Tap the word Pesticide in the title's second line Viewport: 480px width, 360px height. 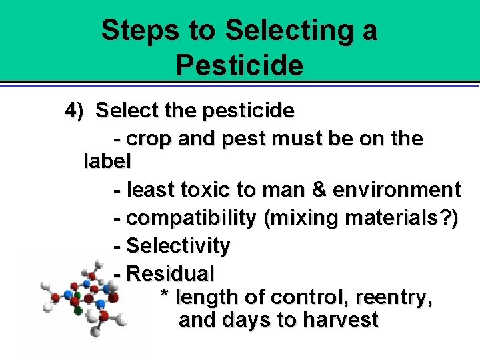pyautogui.click(x=240, y=65)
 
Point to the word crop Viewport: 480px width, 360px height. pyautogui.click(x=148, y=139)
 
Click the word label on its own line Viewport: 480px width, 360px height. pyautogui.click(x=107, y=161)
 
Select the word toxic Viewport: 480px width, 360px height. pyautogui.click(x=201, y=190)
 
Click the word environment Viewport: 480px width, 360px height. pyautogui.click(x=397, y=190)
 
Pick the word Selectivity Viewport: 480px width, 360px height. pyautogui.click(x=178, y=246)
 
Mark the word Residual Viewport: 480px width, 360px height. pyautogui.click(x=170, y=273)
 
